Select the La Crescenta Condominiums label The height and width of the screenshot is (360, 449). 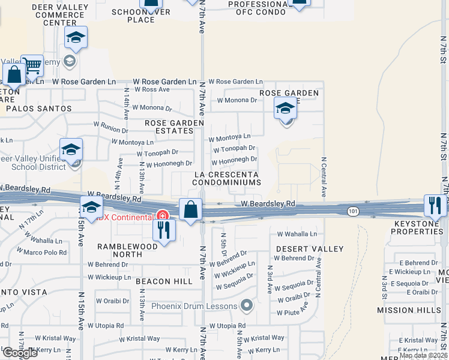click(226, 178)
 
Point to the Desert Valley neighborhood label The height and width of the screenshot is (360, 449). click(310, 249)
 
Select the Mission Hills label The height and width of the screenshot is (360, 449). click(408, 310)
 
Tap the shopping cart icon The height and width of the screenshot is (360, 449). click(32, 67)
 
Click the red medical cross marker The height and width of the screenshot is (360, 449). click(161, 215)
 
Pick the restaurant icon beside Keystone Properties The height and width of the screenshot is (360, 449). click(435, 206)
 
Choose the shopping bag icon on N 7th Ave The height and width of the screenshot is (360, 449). click(191, 210)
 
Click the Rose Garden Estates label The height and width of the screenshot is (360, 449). click(174, 127)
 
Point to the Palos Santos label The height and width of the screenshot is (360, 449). click(38, 109)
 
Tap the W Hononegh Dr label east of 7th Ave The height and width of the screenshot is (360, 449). click(234, 160)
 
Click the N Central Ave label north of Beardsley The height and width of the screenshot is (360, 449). click(324, 178)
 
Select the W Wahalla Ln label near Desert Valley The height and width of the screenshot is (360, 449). click(297, 234)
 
